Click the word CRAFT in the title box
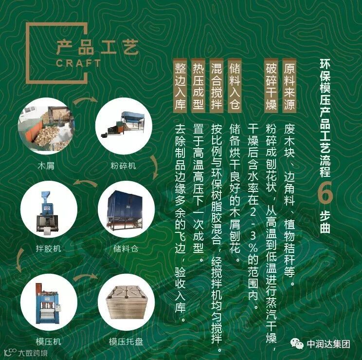click(x=78, y=63)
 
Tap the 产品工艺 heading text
click(x=97, y=47)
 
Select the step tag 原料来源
click(x=290, y=85)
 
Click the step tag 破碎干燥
click(x=271, y=85)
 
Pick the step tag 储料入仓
click(x=235, y=85)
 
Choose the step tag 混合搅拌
click(x=217, y=85)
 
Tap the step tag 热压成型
click(x=199, y=85)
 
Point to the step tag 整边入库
click(x=180, y=85)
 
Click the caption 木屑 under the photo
click(x=46, y=166)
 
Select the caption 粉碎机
click(x=123, y=166)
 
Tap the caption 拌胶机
click(x=49, y=248)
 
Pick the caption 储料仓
click(x=126, y=248)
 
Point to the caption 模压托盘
click(x=126, y=341)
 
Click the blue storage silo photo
click(x=126, y=209)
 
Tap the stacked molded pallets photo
click(x=126, y=302)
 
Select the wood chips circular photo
click(x=46, y=126)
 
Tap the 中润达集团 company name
click(x=328, y=344)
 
